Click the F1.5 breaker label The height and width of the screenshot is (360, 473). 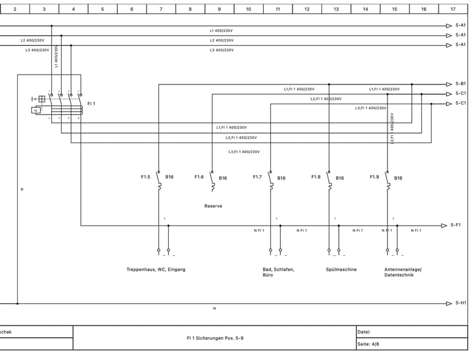coord(145,177)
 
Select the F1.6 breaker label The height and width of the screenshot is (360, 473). coord(199,177)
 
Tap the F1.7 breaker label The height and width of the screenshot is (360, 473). coord(257,177)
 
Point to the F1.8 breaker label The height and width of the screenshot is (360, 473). coord(315,177)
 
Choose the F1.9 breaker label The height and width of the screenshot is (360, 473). coord(374,177)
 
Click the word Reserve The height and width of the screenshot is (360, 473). coord(213,206)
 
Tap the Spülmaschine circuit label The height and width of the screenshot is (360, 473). coord(341,269)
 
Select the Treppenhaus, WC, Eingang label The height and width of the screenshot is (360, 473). coord(156,269)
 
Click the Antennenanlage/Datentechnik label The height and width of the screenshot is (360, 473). coord(403,272)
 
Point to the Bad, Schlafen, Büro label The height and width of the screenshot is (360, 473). coord(278,272)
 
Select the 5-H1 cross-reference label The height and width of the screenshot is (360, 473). coord(461,303)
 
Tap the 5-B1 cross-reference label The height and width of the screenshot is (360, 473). coord(461,84)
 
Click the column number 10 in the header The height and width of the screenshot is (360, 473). coord(248,9)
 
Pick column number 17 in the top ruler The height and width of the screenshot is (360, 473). coord(453,9)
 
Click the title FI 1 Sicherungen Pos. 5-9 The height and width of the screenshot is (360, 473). coord(215,338)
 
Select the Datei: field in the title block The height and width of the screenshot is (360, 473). coord(363,332)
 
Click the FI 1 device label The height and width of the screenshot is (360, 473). coord(91,104)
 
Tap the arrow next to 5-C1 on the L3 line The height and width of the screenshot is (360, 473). coord(449,104)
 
